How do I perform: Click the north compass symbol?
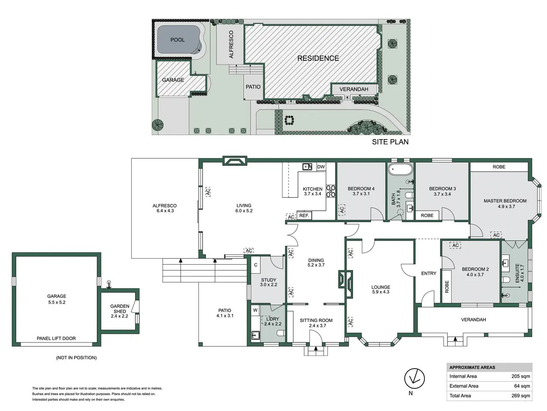[x=414, y=378]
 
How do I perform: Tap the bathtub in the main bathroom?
[x=400, y=170]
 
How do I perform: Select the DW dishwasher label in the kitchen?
[x=321, y=167]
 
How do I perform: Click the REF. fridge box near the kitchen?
[x=304, y=215]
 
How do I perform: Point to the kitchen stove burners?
[x=331, y=191]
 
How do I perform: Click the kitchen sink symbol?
[x=307, y=167]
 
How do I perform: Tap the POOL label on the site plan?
[x=177, y=40]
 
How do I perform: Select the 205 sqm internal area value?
[x=521, y=376]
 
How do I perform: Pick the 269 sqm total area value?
[x=521, y=396]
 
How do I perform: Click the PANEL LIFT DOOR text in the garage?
[x=56, y=338]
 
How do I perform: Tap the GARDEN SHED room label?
[x=120, y=309]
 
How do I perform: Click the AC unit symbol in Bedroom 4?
[x=342, y=210]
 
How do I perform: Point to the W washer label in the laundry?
[x=255, y=310]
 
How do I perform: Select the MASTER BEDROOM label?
[x=505, y=201]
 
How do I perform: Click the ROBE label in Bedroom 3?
[x=427, y=215]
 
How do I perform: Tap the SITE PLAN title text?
[x=390, y=142]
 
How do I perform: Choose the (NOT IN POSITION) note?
[x=76, y=357]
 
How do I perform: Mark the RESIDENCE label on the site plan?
[x=318, y=58]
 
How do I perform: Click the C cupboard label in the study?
[x=256, y=265]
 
